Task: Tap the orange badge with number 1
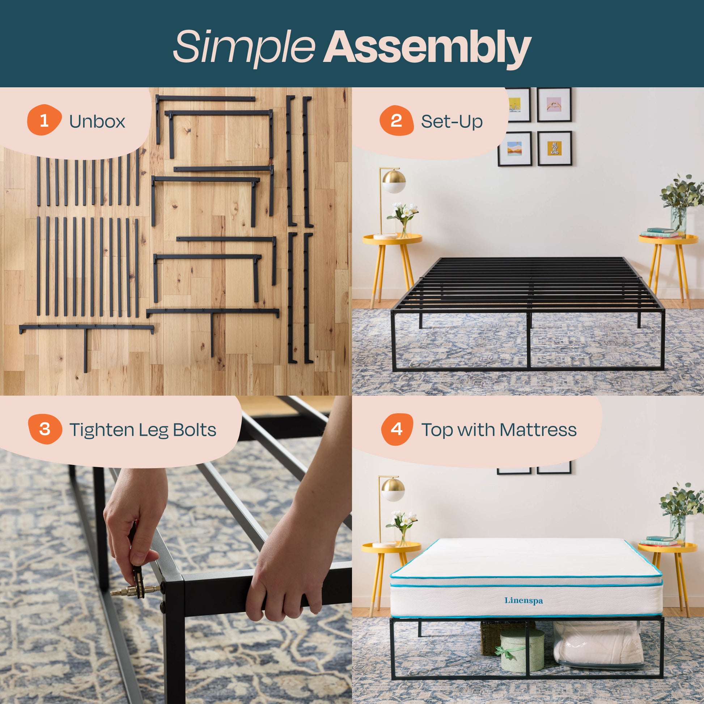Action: (x=44, y=120)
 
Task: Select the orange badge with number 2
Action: (x=396, y=120)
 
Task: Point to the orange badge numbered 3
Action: (x=44, y=429)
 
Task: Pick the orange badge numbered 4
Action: (x=397, y=429)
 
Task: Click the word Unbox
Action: (x=97, y=121)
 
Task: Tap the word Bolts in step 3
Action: (x=194, y=430)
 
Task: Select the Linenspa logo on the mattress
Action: (x=523, y=600)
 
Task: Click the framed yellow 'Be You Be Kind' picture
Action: (x=554, y=148)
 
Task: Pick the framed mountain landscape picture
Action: (x=514, y=149)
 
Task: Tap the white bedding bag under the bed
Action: (x=598, y=645)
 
